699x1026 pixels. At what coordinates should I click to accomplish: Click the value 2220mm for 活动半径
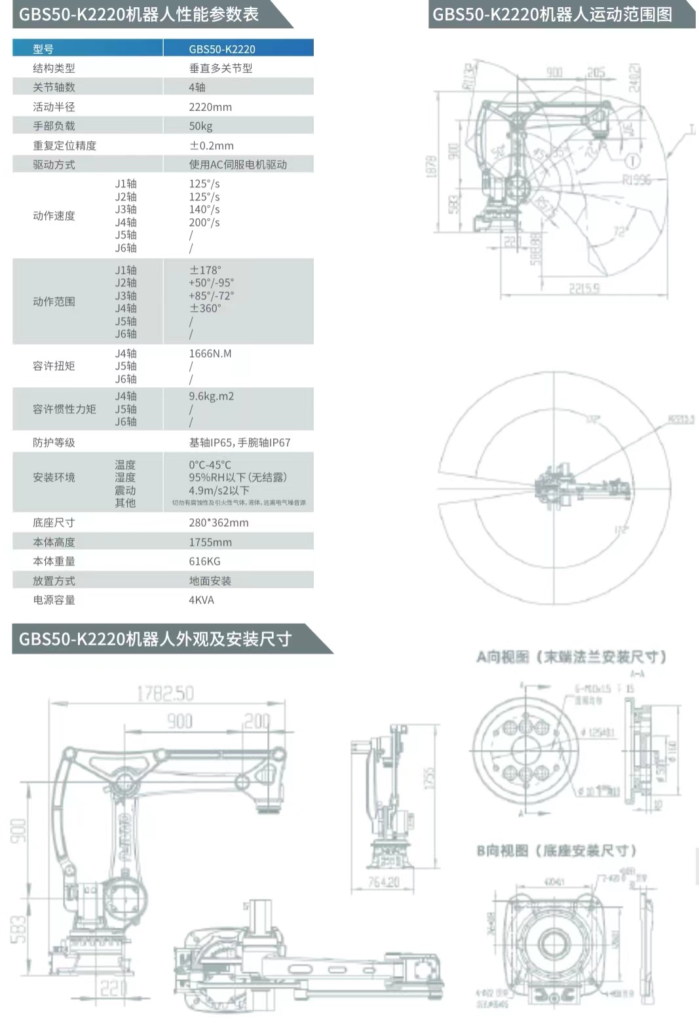pyautogui.click(x=210, y=107)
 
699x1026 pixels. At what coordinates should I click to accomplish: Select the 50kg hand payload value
pyautogui.click(x=200, y=126)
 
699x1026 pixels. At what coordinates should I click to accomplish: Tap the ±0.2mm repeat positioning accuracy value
pyautogui.click(x=211, y=145)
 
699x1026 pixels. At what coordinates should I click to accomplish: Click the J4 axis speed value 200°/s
pyautogui.click(x=204, y=222)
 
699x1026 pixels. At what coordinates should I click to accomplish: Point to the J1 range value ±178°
pyautogui.click(x=205, y=270)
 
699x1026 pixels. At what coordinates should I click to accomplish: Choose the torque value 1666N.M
pyautogui.click(x=210, y=353)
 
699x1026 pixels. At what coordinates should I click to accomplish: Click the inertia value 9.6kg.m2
pyautogui.click(x=211, y=396)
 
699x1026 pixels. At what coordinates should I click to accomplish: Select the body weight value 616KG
pyautogui.click(x=204, y=561)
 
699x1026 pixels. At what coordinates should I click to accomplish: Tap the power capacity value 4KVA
pyautogui.click(x=201, y=599)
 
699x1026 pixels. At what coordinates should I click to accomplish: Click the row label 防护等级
pyautogui.click(x=54, y=442)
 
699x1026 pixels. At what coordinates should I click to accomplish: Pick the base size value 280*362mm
pyautogui.click(x=218, y=523)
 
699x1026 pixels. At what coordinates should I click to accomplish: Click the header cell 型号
pyautogui.click(x=43, y=48)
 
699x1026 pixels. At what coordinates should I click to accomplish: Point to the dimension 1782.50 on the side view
pyautogui.click(x=165, y=693)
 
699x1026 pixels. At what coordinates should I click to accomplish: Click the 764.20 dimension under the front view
pyautogui.click(x=383, y=882)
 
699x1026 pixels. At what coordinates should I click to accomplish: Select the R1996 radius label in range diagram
pyautogui.click(x=636, y=180)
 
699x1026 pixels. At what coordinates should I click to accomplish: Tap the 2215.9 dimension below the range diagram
pyautogui.click(x=584, y=288)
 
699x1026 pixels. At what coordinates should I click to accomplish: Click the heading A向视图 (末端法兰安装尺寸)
pyautogui.click(x=571, y=656)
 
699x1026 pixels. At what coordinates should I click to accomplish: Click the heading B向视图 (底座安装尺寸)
pyautogui.click(x=556, y=850)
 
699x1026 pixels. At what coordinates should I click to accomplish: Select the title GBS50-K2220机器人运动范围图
pyautogui.click(x=552, y=14)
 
